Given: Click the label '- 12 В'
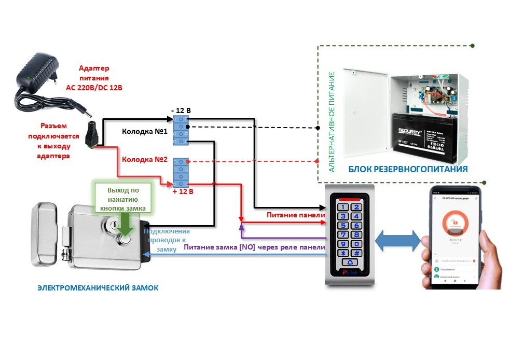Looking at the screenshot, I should (181, 110).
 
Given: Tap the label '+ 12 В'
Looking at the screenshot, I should (183, 191).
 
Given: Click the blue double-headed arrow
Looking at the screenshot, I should (398, 240).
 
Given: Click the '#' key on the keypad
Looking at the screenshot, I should (357, 252).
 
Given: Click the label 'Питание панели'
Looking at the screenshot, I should (296, 215).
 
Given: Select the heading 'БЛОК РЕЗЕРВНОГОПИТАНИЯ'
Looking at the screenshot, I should (408, 169).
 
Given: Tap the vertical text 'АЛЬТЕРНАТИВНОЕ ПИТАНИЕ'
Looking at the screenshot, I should (333, 122).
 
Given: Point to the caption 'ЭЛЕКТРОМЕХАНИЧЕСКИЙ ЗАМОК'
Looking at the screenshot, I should (98, 287).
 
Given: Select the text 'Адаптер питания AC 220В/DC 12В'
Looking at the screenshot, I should (94, 78).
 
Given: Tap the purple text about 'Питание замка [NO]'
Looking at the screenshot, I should (254, 248).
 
